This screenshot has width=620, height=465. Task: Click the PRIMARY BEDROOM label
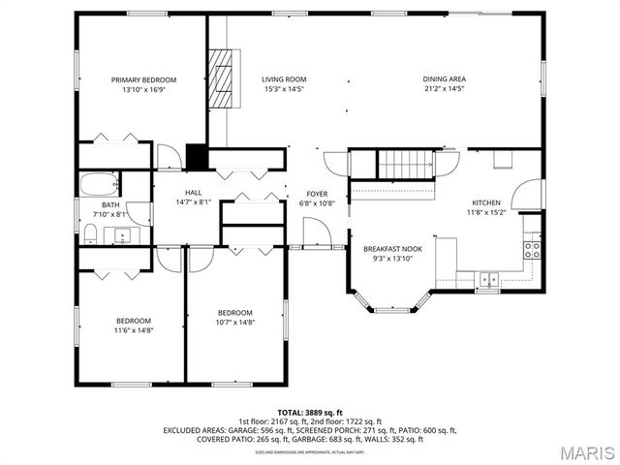tap(143, 79)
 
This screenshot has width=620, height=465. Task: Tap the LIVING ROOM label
tap(284, 79)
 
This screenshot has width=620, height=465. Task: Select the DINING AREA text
tap(445, 79)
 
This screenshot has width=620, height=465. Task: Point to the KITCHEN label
tap(485, 202)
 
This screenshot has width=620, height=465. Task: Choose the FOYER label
tap(318, 194)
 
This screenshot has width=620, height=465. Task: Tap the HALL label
tap(193, 193)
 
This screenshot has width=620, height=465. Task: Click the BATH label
tap(111, 204)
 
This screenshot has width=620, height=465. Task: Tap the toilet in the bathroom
tap(89, 232)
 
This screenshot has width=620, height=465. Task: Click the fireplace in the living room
tap(224, 77)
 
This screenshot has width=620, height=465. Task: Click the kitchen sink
tap(489, 279)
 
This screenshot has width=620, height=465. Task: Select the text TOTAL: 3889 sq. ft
tap(309, 411)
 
